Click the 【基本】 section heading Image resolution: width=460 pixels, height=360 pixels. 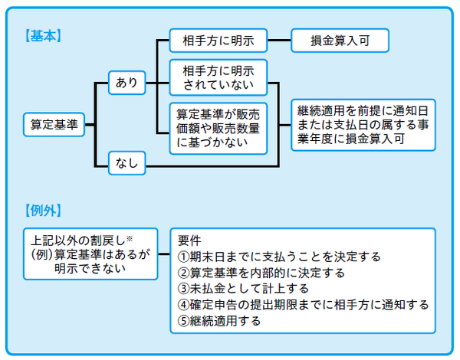pyautogui.click(x=44, y=35)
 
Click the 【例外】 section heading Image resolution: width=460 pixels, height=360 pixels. pyautogui.click(x=44, y=209)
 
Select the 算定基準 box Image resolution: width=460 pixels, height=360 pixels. pyautogui.click(x=52, y=123)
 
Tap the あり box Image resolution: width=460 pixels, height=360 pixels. pyautogui.click(x=127, y=81)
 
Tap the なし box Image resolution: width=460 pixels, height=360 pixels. pyautogui.click(x=127, y=162)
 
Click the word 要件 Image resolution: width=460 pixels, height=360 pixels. pyautogui.click(x=189, y=239)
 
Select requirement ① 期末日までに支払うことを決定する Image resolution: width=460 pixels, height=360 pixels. pyautogui.click(x=279, y=256)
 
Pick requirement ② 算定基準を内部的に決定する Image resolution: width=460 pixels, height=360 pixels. pyautogui.click(x=261, y=272)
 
